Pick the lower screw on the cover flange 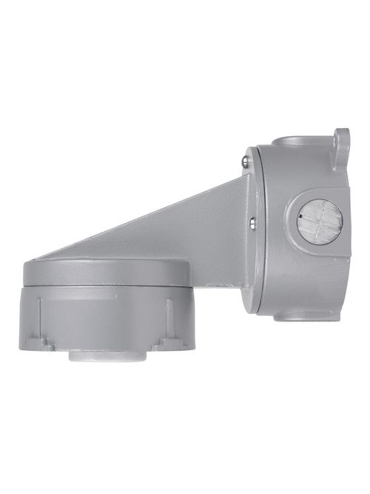253,218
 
